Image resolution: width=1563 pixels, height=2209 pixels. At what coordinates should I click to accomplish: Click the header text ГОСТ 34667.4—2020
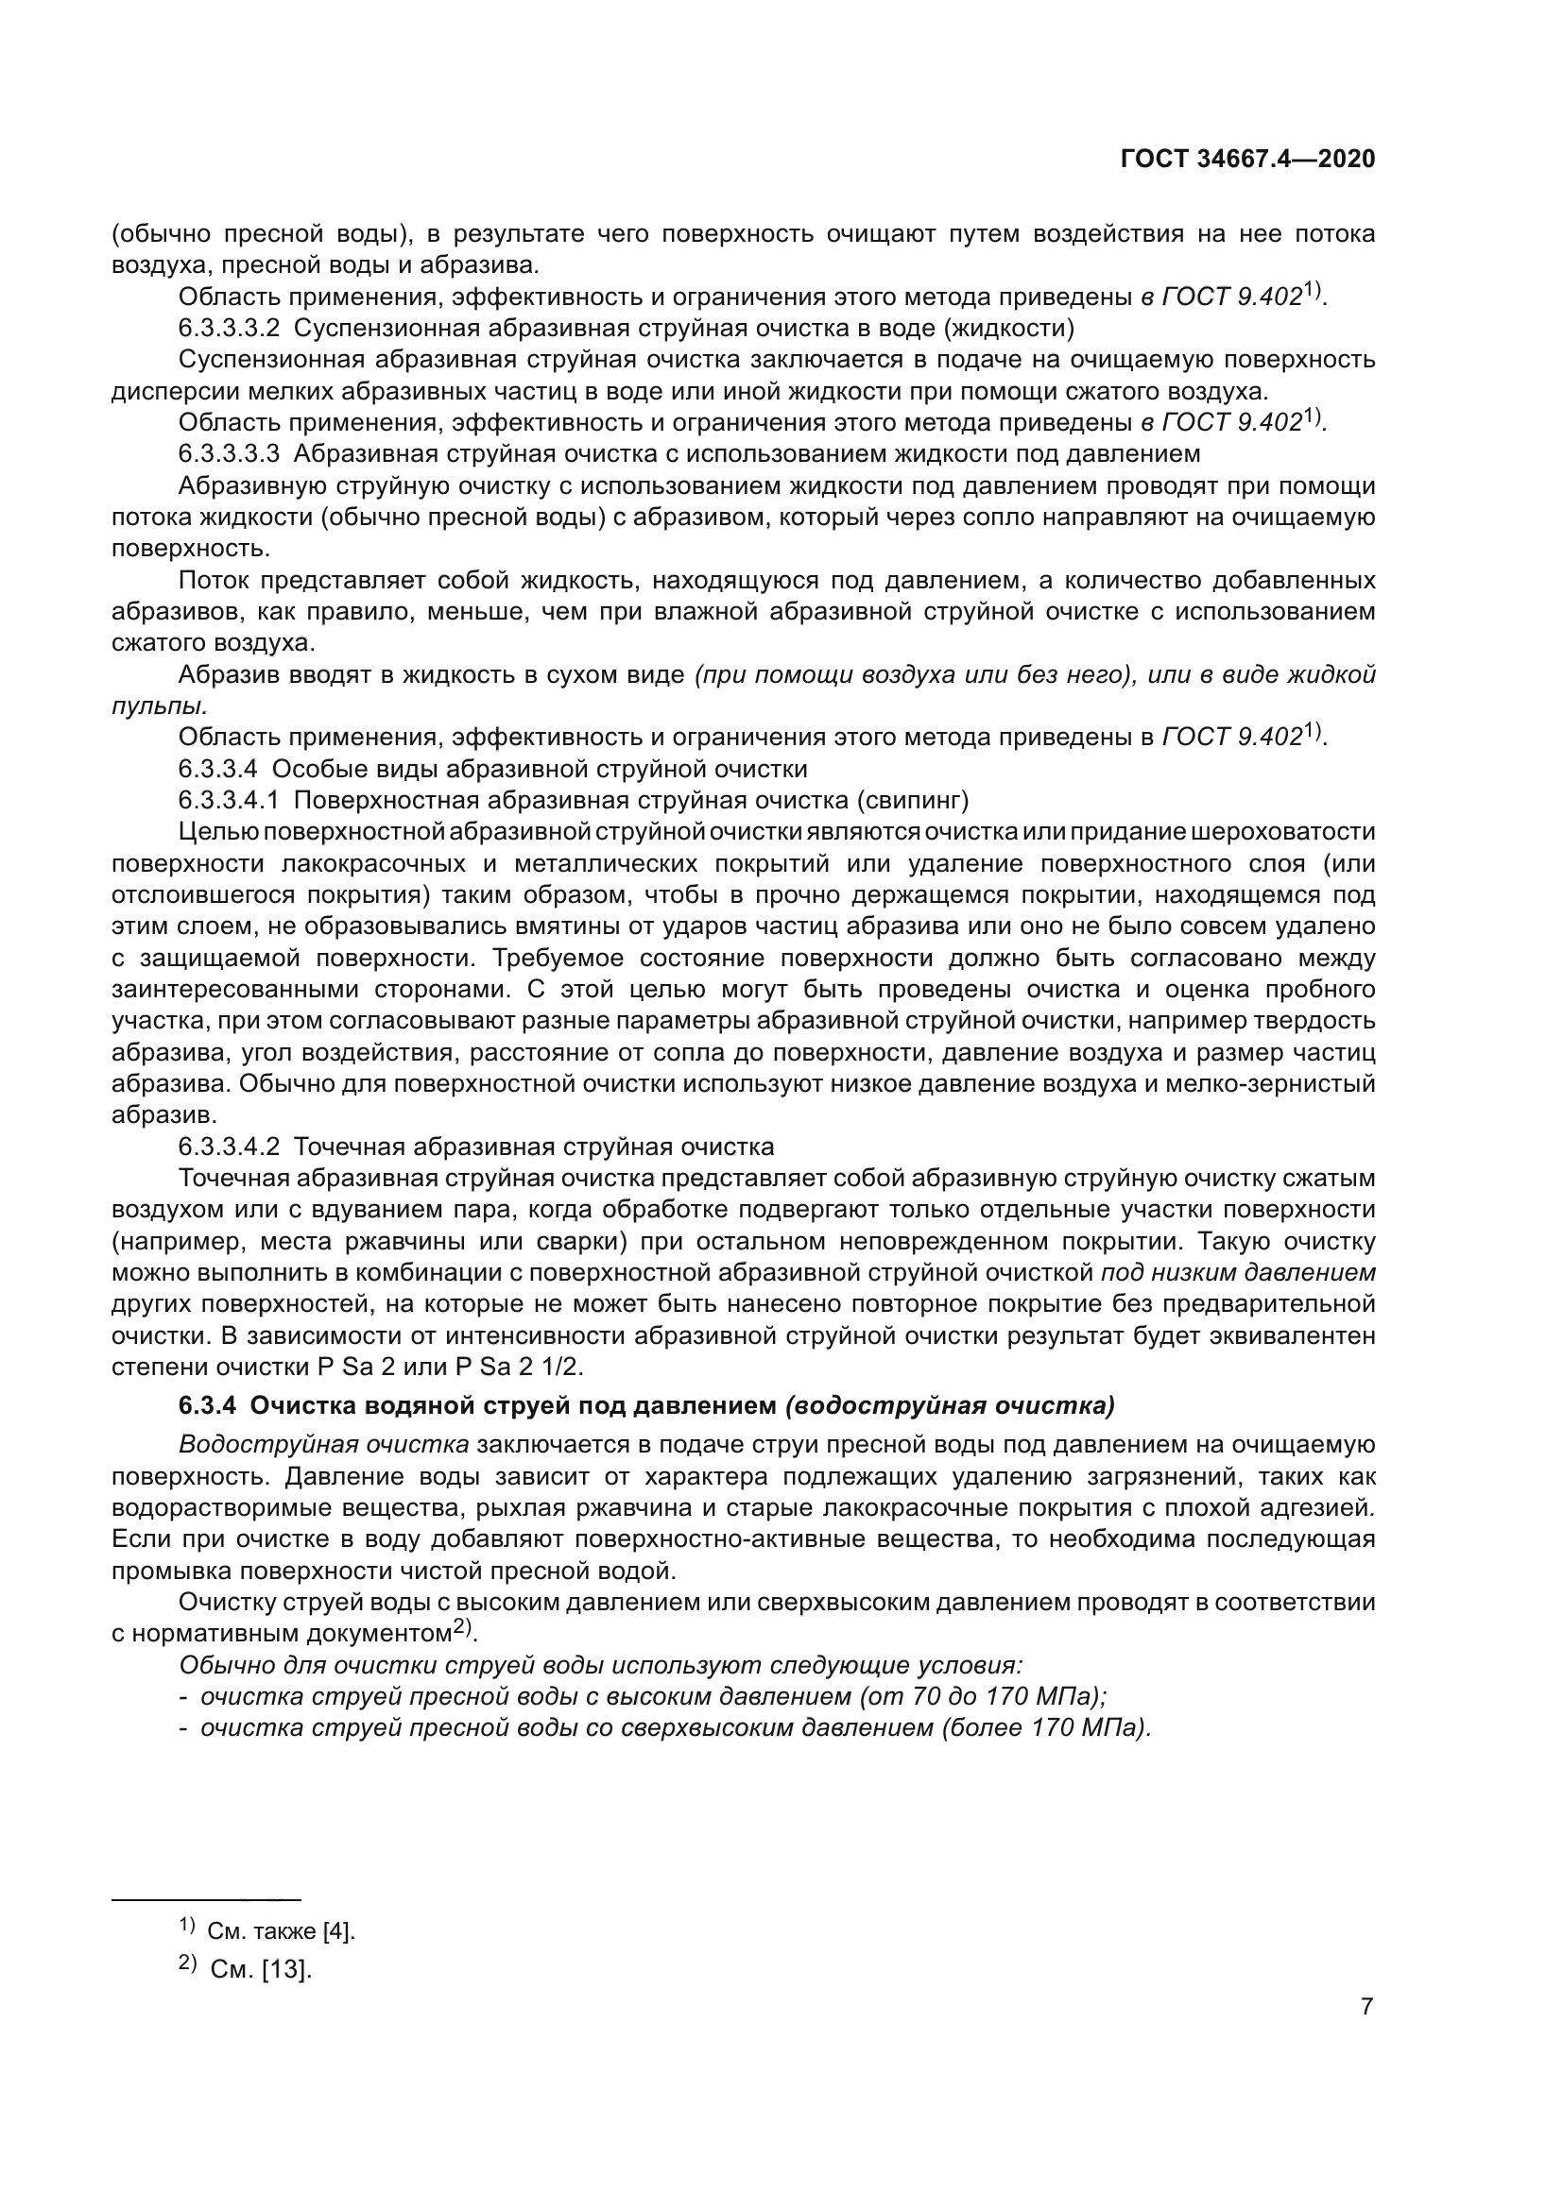click(x=1247, y=160)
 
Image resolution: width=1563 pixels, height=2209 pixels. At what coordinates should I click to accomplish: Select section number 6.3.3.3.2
click(x=229, y=328)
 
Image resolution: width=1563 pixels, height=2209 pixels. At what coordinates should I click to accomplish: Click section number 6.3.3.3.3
click(x=229, y=453)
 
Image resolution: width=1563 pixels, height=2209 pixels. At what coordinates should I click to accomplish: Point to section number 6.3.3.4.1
click(x=229, y=800)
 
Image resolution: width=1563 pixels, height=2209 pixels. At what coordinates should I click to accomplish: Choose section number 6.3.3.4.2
click(x=229, y=1146)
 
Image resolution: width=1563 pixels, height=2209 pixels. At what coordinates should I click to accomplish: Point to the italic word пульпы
click(x=157, y=705)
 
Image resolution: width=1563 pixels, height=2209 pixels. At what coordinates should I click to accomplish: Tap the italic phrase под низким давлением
click(x=1238, y=1272)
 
